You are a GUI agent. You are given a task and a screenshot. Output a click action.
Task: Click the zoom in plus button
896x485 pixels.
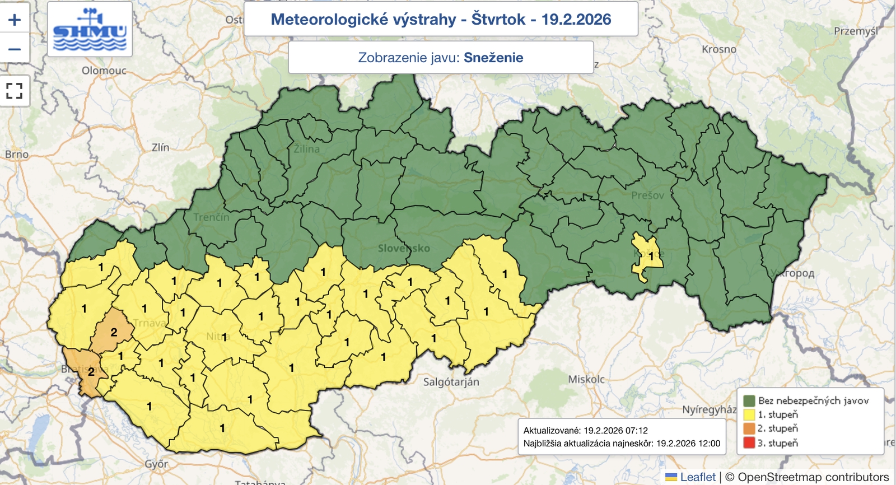15,20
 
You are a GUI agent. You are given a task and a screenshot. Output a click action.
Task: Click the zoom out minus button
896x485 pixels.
15,49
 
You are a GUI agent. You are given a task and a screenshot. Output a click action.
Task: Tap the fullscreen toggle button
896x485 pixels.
15,91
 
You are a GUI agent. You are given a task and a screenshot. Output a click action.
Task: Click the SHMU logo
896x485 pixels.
90,29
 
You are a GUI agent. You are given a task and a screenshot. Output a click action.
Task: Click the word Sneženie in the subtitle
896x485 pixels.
493,58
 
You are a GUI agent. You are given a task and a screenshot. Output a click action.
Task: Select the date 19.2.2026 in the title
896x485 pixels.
576,19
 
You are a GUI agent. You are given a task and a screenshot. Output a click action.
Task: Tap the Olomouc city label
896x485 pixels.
104,71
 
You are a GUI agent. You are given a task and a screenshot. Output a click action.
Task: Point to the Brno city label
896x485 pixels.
17,154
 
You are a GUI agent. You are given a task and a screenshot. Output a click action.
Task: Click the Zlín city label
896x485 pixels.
160,147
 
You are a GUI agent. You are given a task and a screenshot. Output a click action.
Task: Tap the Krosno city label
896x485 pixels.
719,49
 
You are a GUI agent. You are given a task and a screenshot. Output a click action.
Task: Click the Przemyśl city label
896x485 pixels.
856,31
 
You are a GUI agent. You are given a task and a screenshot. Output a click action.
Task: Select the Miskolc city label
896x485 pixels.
586,379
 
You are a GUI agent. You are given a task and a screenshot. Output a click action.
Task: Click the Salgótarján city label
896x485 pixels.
451,382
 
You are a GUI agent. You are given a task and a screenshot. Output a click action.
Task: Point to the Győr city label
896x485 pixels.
156,464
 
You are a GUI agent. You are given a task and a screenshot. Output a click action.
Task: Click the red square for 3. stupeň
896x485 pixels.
749,443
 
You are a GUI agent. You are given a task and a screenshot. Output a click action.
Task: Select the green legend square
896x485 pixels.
749,400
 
